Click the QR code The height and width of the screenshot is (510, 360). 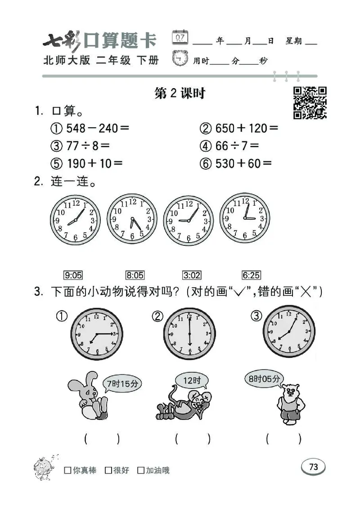tap(310, 103)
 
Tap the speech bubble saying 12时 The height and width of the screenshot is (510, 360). tap(192, 381)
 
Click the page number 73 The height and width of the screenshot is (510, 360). tap(314, 467)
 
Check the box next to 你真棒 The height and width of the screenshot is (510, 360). tap(68, 470)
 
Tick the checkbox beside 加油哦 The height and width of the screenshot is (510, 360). tap(141, 470)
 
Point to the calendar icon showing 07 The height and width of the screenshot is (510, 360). tap(181, 37)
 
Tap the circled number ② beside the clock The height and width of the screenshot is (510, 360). tap(157, 316)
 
